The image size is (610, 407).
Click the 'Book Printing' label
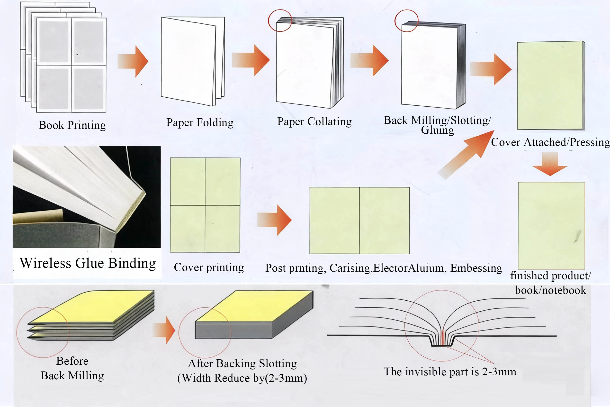pyautogui.click(x=72, y=125)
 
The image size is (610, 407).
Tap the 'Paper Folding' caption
pyautogui.click(x=200, y=122)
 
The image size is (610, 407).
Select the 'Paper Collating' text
pyautogui.click(x=314, y=121)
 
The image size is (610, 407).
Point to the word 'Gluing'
pyautogui.click(x=437, y=130)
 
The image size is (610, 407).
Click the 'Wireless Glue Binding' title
pyautogui.click(x=88, y=263)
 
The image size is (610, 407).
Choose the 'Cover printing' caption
pyautogui.click(x=209, y=267)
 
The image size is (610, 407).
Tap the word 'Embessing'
pyautogui.click(x=476, y=268)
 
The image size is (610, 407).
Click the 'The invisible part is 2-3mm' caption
pyautogui.click(x=450, y=372)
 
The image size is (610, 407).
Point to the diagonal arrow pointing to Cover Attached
pyautogui.click(x=467, y=154)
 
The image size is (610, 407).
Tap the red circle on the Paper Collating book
pyautogui.click(x=280, y=20)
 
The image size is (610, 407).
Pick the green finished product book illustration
pyautogui.click(x=551, y=225)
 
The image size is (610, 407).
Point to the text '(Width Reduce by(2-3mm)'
pyautogui.click(x=242, y=378)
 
